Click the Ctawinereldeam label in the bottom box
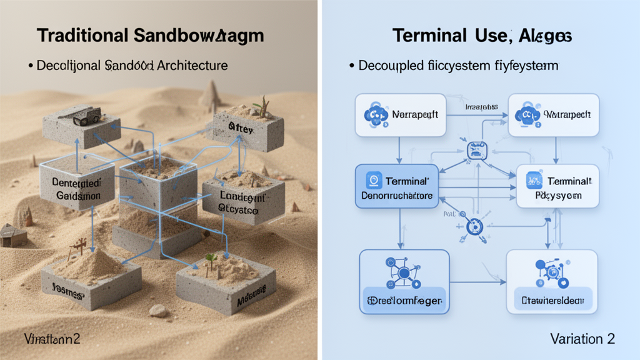(552, 301)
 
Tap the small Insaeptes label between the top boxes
(479, 107)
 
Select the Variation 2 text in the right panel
(582, 338)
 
